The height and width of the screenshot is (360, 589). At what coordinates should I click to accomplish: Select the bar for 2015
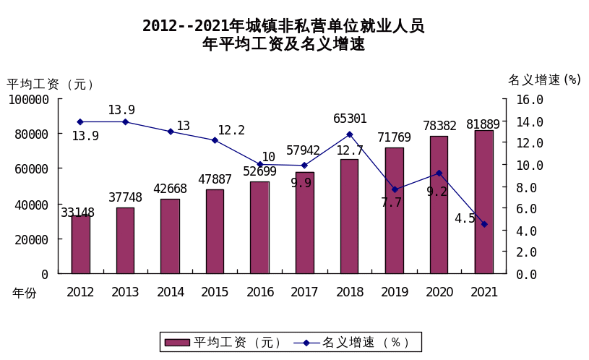pyautogui.click(x=215, y=231)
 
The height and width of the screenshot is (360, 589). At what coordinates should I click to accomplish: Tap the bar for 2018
pyautogui.click(x=350, y=216)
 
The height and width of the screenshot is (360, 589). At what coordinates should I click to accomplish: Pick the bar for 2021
pyautogui.click(x=484, y=202)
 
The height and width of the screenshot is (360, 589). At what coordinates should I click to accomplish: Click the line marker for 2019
pyautogui.click(x=395, y=189)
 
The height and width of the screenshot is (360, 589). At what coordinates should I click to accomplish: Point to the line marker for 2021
pyautogui.click(x=484, y=224)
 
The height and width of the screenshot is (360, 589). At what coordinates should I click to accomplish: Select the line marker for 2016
pyautogui.click(x=260, y=164)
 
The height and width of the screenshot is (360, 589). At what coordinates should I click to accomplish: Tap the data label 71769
pyautogui.click(x=393, y=137)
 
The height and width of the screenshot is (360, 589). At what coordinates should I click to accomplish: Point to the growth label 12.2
pyautogui.click(x=231, y=130)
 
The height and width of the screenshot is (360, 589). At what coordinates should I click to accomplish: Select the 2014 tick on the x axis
pyautogui.click(x=170, y=292)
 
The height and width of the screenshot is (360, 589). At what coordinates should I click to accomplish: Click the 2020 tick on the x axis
pyautogui.click(x=439, y=292)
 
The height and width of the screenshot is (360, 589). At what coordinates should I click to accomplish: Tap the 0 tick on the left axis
pyautogui.click(x=44, y=274)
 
